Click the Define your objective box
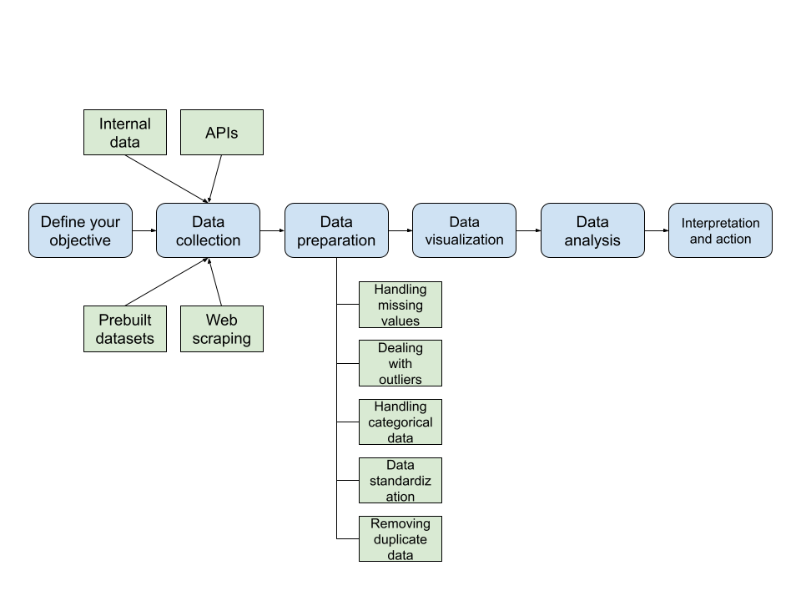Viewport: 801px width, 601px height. click(80, 230)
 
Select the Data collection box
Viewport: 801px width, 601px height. click(208, 230)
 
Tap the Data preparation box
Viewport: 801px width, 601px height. click(336, 230)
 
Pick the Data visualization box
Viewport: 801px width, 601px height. click(464, 230)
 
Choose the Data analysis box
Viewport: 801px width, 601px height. click(592, 230)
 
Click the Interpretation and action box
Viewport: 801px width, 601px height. click(720, 230)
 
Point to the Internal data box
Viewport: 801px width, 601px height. click(125, 132)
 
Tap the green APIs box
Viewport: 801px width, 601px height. click(222, 132)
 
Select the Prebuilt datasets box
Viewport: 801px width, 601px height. click(125, 329)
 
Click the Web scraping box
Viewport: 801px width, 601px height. click(222, 329)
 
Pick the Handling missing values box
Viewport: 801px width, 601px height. click(400, 305)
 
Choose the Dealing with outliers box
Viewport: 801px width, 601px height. click(400, 363)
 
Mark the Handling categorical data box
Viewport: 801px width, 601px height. click(400, 422)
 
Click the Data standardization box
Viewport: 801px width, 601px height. click(400, 480)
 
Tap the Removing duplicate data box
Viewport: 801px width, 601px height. click(400, 538)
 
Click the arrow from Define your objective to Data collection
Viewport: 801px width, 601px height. click(144, 230)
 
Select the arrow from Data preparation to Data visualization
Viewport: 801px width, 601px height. click(400, 230)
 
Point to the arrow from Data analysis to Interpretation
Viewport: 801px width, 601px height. click(657, 230)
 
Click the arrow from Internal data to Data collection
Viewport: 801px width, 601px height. click(167, 179)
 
